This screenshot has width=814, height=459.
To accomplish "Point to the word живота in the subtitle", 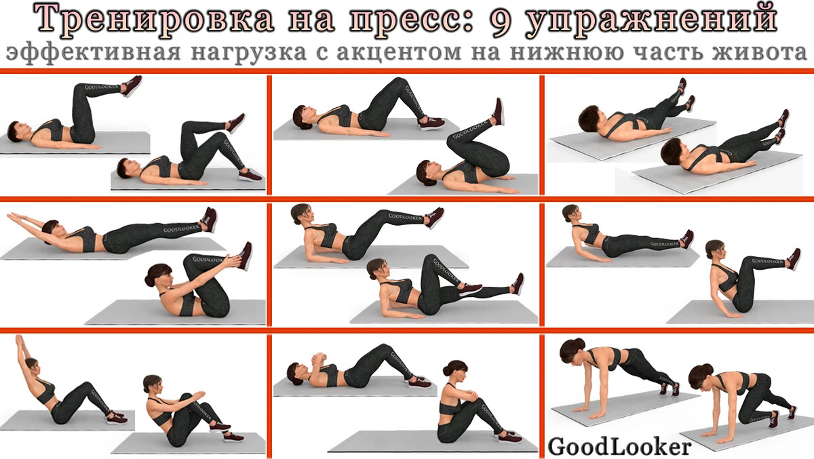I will coord(764,53).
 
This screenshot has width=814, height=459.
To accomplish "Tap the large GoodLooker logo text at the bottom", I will coord(619,446).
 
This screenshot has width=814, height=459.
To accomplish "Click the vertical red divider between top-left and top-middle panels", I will coord(269,135).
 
